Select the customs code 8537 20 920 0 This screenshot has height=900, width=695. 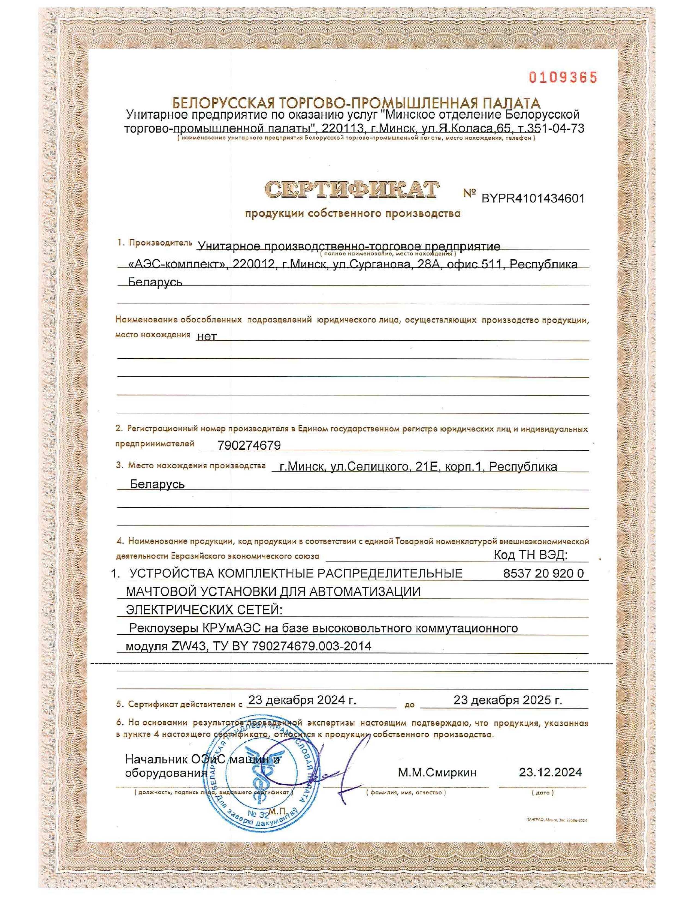coord(543,574)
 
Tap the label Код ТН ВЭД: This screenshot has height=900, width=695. coord(530,555)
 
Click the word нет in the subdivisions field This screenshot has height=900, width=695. coord(207,337)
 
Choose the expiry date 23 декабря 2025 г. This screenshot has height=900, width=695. coord(508,700)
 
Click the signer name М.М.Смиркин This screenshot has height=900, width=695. coord(437,772)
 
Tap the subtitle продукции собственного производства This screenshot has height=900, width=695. coord(353,214)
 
